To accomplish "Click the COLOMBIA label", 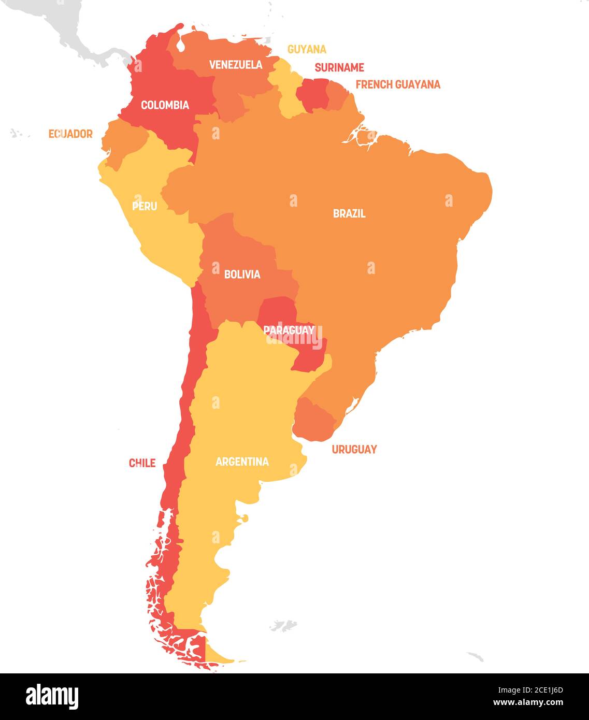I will [x=165, y=105].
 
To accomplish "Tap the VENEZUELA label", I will [x=236, y=65].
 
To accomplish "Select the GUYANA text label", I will [x=307, y=49].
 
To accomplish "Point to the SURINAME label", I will [x=339, y=67].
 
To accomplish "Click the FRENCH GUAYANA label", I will [x=398, y=84].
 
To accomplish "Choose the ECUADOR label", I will [x=70, y=134].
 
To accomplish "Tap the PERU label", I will [x=145, y=206].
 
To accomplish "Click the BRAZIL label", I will [x=349, y=213].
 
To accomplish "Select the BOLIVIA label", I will [x=242, y=275].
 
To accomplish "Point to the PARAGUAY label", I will [x=289, y=330].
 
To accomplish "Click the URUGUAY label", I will [x=354, y=450].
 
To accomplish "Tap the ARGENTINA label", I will [x=242, y=462].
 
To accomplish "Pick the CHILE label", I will [x=142, y=463].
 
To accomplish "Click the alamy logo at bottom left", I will [x=52, y=696].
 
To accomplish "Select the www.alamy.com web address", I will [x=527, y=703].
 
